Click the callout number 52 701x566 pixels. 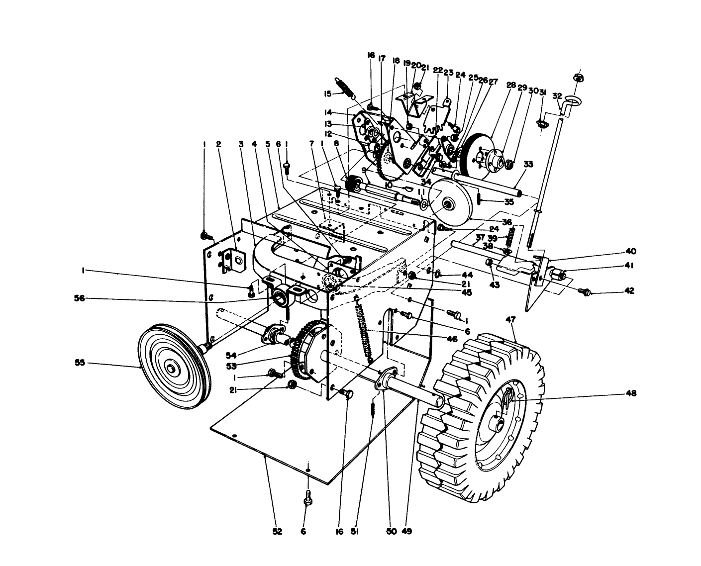tap(277, 532)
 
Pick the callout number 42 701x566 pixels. tap(629, 291)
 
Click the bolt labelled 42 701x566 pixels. tap(587, 292)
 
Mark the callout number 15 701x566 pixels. tap(327, 94)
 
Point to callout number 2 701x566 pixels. tap(218, 144)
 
